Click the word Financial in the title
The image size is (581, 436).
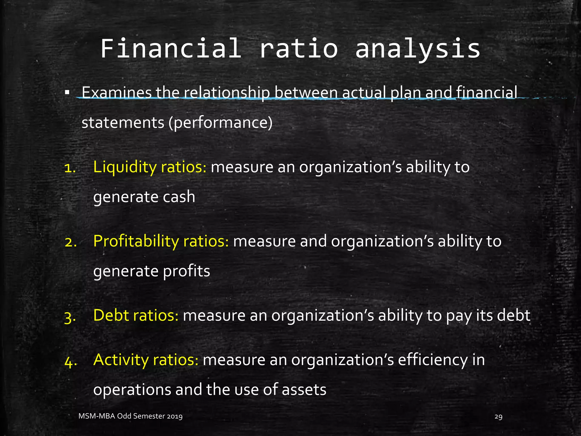pyautogui.click(x=171, y=49)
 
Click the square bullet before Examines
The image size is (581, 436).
pyautogui.click(x=67, y=93)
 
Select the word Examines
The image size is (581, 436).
pyautogui.click(x=117, y=93)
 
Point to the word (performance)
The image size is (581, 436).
pyautogui.click(x=220, y=123)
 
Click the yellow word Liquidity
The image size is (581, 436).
pyautogui.click(x=125, y=167)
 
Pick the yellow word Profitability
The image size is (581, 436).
pyautogui.click(x=136, y=241)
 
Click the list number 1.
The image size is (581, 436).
pyautogui.click(x=70, y=168)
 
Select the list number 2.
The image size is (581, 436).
pyautogui.click(x=70, y=242)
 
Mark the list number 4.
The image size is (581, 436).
pyautogui.click(x=70, y=362)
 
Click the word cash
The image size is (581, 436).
pyautogui.click(x=179, y=197)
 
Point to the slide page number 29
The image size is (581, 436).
pyautogui.click(x=498, y=417)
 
